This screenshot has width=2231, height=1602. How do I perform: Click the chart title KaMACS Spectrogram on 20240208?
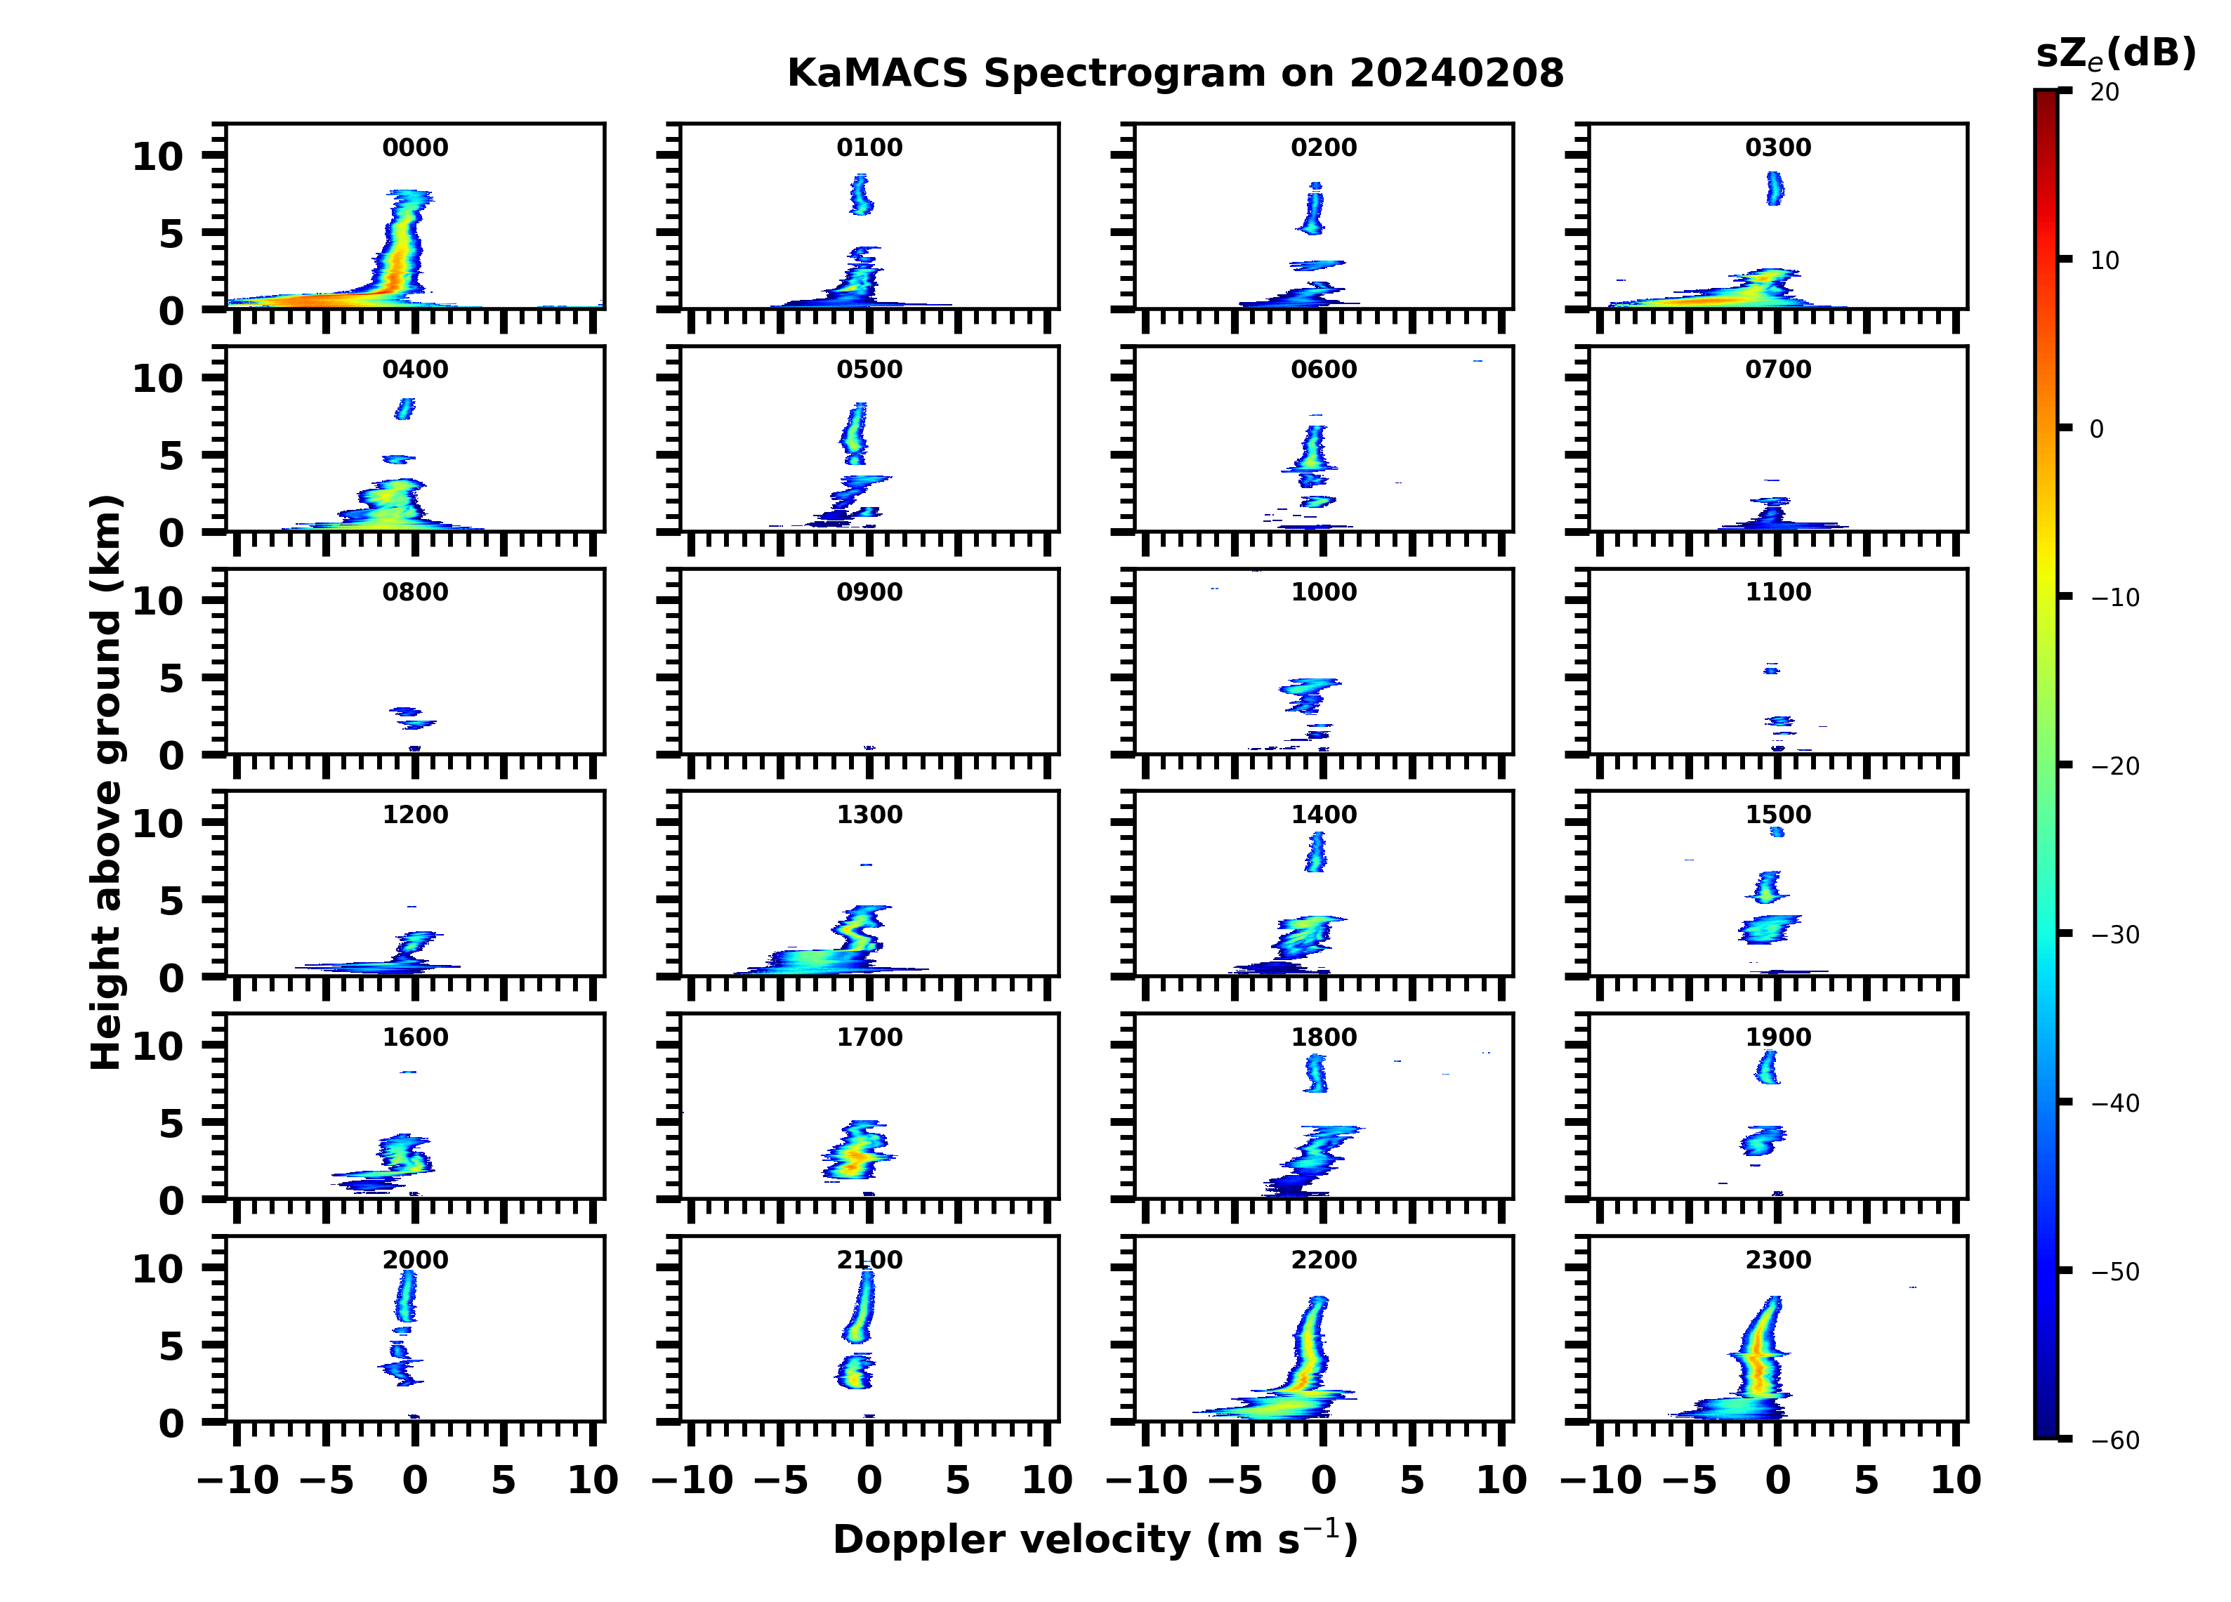pos(1175,74)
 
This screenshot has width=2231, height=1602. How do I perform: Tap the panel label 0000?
pos(415,147)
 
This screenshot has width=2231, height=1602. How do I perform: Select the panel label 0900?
pos(869,592)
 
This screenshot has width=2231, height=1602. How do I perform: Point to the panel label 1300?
pos(869,815)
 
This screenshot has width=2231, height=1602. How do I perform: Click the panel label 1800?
pos(1324,1037)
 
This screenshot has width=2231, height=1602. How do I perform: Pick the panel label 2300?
pos(1779,1261)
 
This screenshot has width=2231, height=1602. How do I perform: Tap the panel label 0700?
pos(1779,370)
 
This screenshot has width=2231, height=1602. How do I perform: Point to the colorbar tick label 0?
pos(2096,430)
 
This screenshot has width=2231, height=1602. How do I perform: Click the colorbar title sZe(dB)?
pos(2116,54)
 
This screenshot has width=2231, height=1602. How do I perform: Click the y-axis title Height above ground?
pos(106,782)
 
